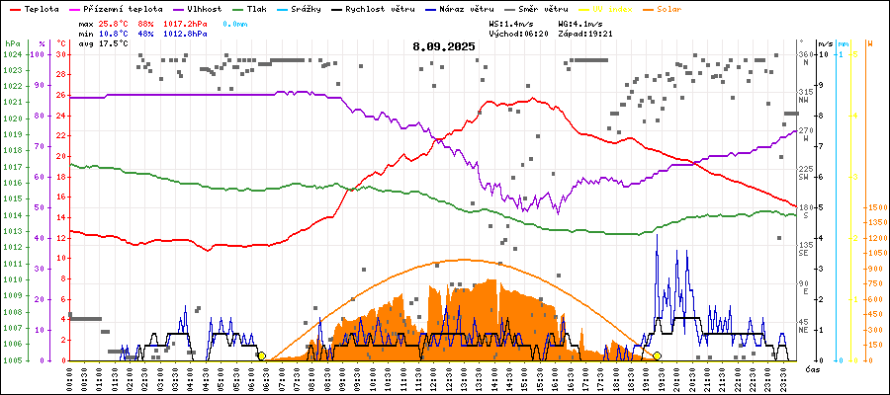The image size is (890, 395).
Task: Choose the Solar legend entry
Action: point(683,8)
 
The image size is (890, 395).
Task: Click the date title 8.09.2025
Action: point(444,46)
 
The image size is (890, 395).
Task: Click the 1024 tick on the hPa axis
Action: point(13,54)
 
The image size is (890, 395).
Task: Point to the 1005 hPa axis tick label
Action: point(13,360)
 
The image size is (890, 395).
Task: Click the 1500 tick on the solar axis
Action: point(875,208)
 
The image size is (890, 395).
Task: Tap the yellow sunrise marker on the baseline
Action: point(261,355)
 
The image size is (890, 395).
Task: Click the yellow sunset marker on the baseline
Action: point(657,355)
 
